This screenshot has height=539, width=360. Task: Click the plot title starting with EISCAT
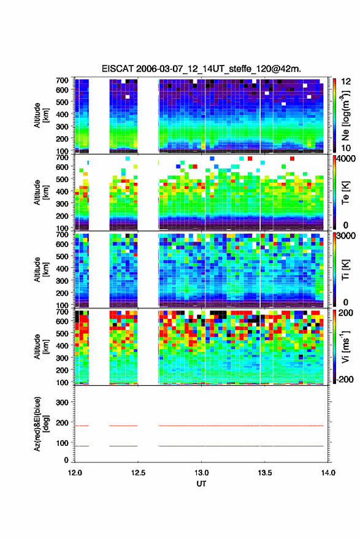(x=201, y=69)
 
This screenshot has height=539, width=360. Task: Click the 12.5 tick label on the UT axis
(x=138, y=473)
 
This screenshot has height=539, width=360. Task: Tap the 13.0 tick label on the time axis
(x=201, y=473)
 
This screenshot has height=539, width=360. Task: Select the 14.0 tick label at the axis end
(x=327, y=473)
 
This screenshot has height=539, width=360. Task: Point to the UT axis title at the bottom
(x=201, y=484)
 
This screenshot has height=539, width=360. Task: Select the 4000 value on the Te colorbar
(x=347, y=159)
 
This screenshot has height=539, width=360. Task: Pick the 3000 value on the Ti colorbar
(x=347, y=236)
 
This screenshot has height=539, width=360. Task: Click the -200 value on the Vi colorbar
(x=345, y=379)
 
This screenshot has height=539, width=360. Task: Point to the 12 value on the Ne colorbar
(x=346, y=82)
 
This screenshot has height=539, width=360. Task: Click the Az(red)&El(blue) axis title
(x=41, y=424)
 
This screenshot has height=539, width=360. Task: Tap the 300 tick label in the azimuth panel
(x=62, y=402)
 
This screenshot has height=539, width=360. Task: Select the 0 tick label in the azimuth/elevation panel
(x=66, y=460)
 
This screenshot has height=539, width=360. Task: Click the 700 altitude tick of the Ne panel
(x=62, y=80)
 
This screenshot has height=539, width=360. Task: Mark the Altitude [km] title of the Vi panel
(x=41, y=346)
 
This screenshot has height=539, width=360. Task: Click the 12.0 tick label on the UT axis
(x=75, y=473)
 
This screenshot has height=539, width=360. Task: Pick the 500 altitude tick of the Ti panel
(x=62, y=256)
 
